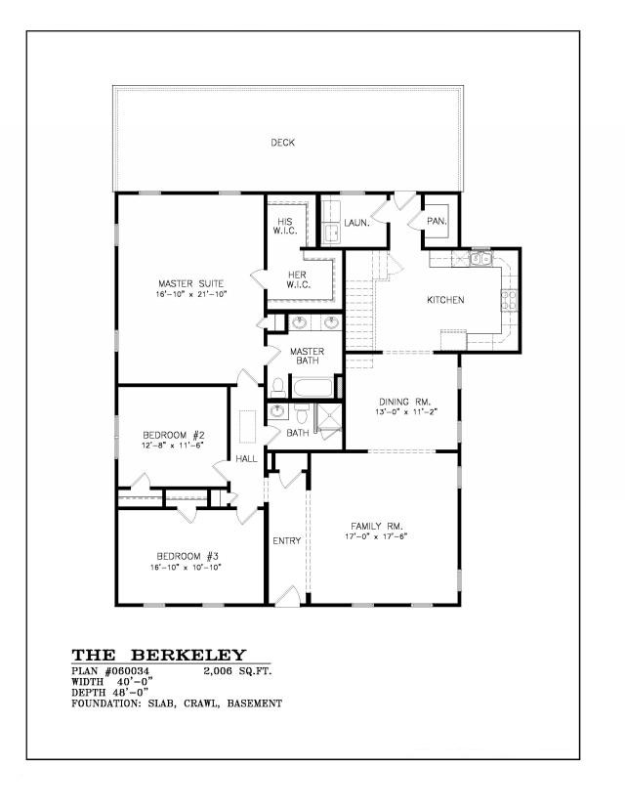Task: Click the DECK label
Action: (x=282, y=143)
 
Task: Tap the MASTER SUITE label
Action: (x=190, y=283)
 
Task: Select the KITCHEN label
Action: (x=445, y=300)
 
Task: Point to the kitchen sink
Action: (x=481, y=258)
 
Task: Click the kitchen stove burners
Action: (x=509, y=301)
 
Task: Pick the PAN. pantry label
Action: (x=437, y=222)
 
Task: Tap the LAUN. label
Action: (x=356, y=223)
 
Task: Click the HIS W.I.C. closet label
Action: (x=284, y=227)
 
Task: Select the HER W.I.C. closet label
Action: (x=298, y=279)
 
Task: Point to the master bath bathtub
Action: (x=313, y=388)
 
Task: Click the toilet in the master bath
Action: (x=278, y=388)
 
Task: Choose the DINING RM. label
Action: (x=405, y=402)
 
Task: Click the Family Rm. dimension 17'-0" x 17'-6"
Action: (x=376, y=536)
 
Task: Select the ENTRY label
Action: (x=287, y=540)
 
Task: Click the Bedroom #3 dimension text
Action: (x=186, y=567)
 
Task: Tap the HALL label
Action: (x=246, y=458)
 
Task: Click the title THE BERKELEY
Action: (x=159, y=656)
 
